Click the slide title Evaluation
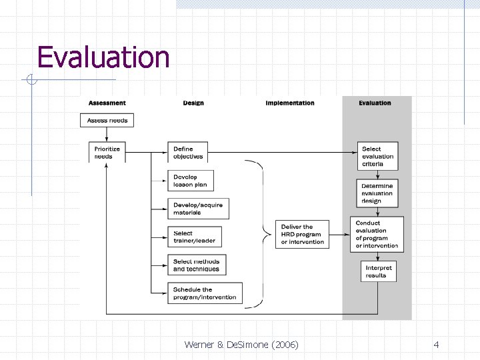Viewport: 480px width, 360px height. click(x=103, y=57)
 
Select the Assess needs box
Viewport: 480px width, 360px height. click(x=107, y=121)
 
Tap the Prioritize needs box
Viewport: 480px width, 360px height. click(x=107, y=153)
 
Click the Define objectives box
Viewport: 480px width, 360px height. click(x=187, y=153)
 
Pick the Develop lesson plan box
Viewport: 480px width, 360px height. click(x=191, y=181)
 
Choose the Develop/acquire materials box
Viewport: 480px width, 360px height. click(x=198, y=209)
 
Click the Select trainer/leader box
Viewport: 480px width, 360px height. click(x=194, y=237)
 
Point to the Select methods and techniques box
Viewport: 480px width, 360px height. click(x=197, y=265)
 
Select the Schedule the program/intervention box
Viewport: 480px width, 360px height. click(x=205, y=293)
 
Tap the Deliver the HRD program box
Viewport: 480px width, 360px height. click(x=303, y=234)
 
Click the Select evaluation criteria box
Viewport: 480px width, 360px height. click(x=378, y=156)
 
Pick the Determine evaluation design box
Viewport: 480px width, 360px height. click(x=378, y=193)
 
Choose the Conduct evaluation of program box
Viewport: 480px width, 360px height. click(x=377, y=234)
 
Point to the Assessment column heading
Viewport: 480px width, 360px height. click(x=107, y=103)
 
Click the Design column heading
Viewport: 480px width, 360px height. click(x=193, y=103)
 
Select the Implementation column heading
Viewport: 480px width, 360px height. click(x=290, y=103)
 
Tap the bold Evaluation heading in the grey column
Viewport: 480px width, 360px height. click(x=375, y=103)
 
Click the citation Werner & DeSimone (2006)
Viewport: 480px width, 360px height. click(x=241, y=345)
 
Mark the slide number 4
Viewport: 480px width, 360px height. click(x=436, y=345)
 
